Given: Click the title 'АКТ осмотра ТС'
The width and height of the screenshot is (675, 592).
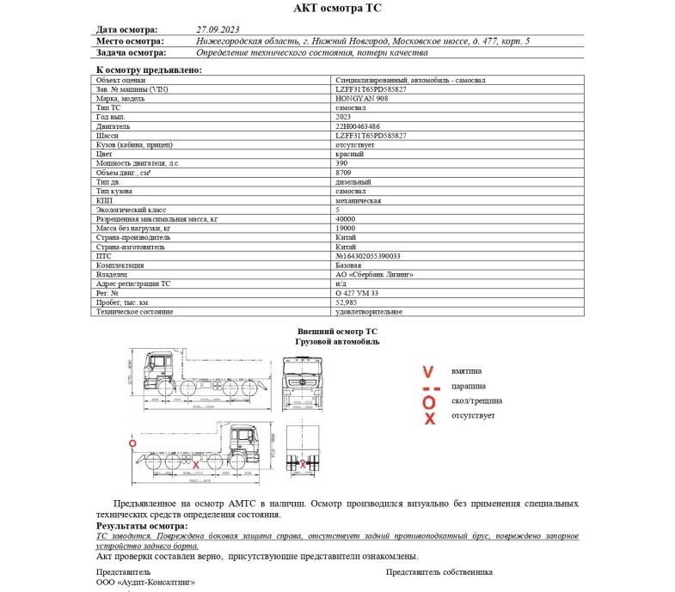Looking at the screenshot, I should (x=337, y=9).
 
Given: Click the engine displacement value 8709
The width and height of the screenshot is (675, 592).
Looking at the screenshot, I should (x=342, y=172).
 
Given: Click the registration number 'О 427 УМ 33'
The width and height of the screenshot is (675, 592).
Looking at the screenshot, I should (x=357, y=293).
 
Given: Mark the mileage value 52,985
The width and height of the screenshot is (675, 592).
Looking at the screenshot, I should (x=346, y=302).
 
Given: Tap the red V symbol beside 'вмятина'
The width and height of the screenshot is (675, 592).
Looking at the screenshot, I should (x=428, y=372).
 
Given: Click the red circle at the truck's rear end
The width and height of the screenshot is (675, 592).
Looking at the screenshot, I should (x=132, y=443).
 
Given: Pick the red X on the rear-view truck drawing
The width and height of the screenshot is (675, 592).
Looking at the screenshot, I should (x=302, y=464).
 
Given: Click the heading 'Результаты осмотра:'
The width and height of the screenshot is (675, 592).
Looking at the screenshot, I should (x=141, y=525).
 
